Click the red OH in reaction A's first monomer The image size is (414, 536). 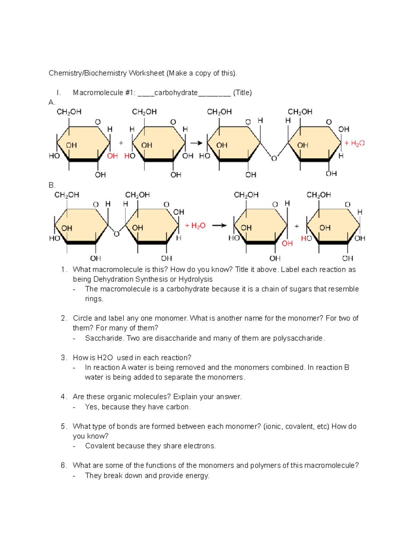112,156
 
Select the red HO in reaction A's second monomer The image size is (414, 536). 130,156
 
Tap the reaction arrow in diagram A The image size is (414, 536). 196,143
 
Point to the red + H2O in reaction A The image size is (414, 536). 355,143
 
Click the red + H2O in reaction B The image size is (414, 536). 195,226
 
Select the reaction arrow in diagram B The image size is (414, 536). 219,226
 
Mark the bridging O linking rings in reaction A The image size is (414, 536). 274,158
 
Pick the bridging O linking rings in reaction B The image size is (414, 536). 117,234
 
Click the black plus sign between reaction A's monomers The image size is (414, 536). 121,143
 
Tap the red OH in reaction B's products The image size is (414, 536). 287,243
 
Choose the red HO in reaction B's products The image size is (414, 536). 306,238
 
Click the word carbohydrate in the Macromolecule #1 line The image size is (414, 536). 176,92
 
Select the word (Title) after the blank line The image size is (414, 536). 243,92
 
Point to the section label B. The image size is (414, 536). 52,185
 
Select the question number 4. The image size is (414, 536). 63,397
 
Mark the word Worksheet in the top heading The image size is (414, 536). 146,73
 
